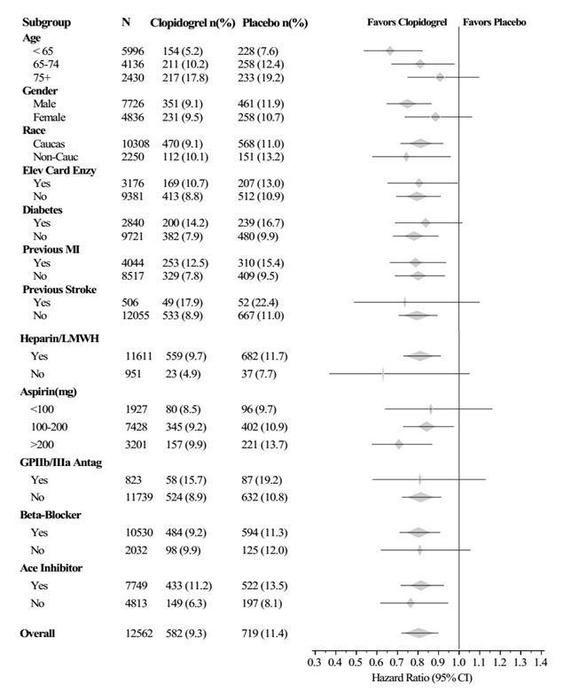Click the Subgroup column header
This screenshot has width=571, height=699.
(48, 20)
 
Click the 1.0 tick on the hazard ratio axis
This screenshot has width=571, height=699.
(459, 661)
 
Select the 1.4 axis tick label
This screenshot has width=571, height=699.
(542, 661)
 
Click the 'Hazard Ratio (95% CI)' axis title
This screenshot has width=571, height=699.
(427, 678)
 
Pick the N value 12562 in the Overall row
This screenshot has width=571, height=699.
(139, 633)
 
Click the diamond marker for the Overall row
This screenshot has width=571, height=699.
(418, 633)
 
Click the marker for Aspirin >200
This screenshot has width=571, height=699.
(399, 444)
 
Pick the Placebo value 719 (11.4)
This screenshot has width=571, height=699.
(266, 633)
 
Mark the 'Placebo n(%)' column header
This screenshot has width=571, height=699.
(276, 20)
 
